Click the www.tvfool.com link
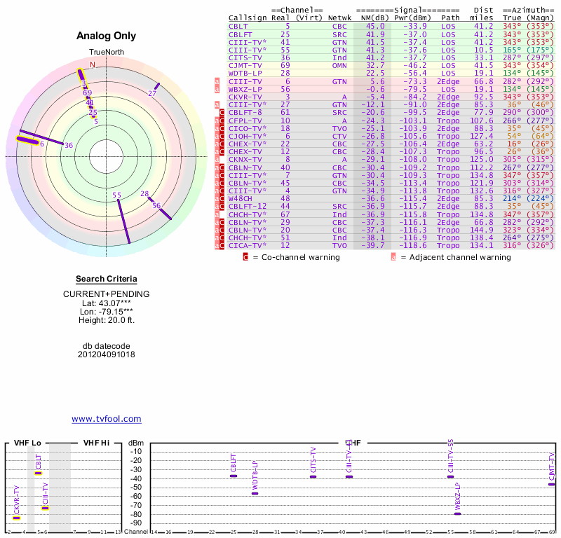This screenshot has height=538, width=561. [x=106, y=419]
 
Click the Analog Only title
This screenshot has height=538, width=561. [x=106, y=36]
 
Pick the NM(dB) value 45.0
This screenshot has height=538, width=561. [x=374, y=26]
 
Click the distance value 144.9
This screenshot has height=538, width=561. [x=481, y=229]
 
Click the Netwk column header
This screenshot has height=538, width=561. [x=340, y=18]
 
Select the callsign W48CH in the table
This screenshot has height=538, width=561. [x=240, y=198]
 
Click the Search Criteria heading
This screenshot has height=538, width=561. [x=106, y=279]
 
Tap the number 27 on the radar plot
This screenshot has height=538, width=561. [x=152, y=93]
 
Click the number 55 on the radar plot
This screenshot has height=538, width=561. [x=116, y=195]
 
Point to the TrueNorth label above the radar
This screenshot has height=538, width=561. [x=106, y=53]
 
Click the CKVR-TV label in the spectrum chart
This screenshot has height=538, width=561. [x=16, y=499]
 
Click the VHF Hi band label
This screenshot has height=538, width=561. [x=96, y=443]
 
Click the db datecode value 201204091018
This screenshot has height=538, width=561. [x=106, y=354]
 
